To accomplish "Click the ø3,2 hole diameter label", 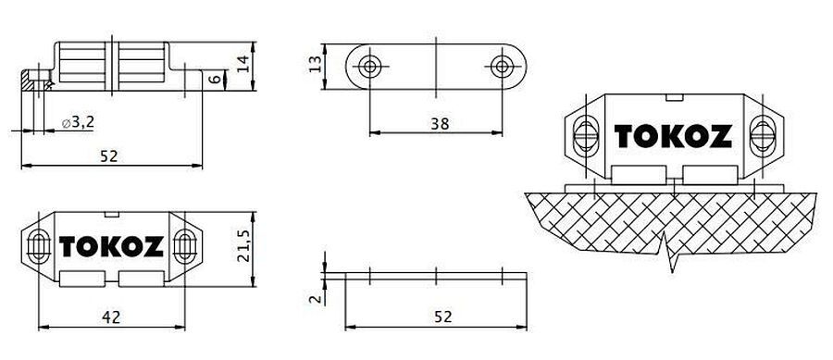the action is tap(78, 123).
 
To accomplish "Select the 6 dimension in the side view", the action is tap(214, 80).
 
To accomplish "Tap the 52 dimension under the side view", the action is tap(109, 156).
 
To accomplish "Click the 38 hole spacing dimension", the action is tap(440, 124).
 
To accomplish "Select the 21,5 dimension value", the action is tap(243, 246).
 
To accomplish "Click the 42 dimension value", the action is tap(111, 317).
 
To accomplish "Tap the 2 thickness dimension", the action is tap(316, 299).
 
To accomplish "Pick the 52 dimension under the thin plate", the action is tap(442, 317).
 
